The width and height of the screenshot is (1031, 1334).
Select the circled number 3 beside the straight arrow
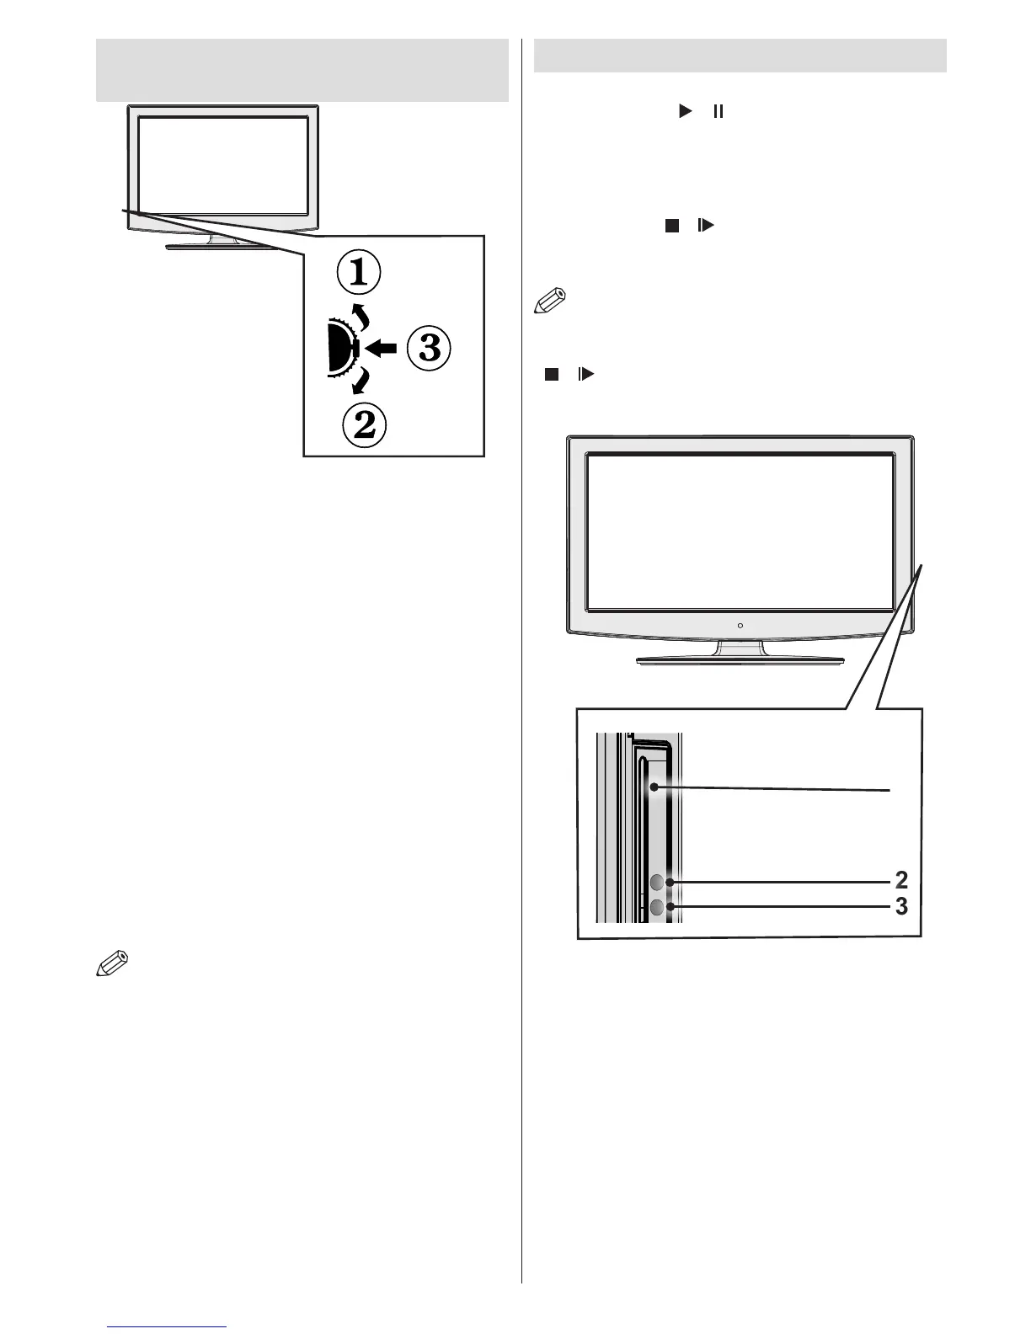429,347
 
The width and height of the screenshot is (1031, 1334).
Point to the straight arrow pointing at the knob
384,346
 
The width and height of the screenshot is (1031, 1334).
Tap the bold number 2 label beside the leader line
900,880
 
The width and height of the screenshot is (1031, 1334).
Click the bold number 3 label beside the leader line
900,907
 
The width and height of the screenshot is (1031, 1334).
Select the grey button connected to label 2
657,882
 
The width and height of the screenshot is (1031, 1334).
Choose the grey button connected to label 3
657,908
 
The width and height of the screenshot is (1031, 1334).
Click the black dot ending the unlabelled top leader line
654,788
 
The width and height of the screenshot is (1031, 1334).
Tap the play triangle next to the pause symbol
685,111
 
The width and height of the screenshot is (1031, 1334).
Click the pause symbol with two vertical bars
718,111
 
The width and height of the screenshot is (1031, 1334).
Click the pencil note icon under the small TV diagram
113,963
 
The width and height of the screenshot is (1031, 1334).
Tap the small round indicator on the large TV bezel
740,625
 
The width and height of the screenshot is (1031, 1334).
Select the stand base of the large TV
740,659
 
